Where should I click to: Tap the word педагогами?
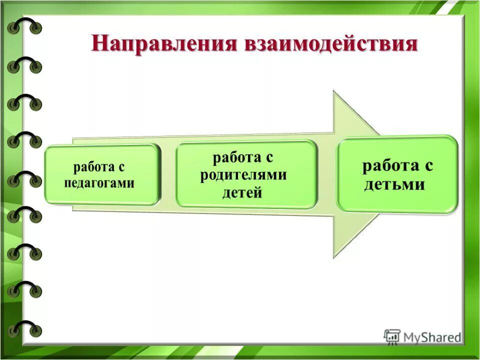click(x=99, y=183)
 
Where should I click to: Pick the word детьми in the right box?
click(x=394, y=184)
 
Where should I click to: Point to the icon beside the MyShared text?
click(x=392, y=336)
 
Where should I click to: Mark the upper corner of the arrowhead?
click(x=334, y=91)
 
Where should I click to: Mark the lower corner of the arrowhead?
click(x=334, y=257)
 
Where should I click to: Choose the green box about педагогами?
click(x=102, y=174)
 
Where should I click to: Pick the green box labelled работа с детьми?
click(x=397, y=174)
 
